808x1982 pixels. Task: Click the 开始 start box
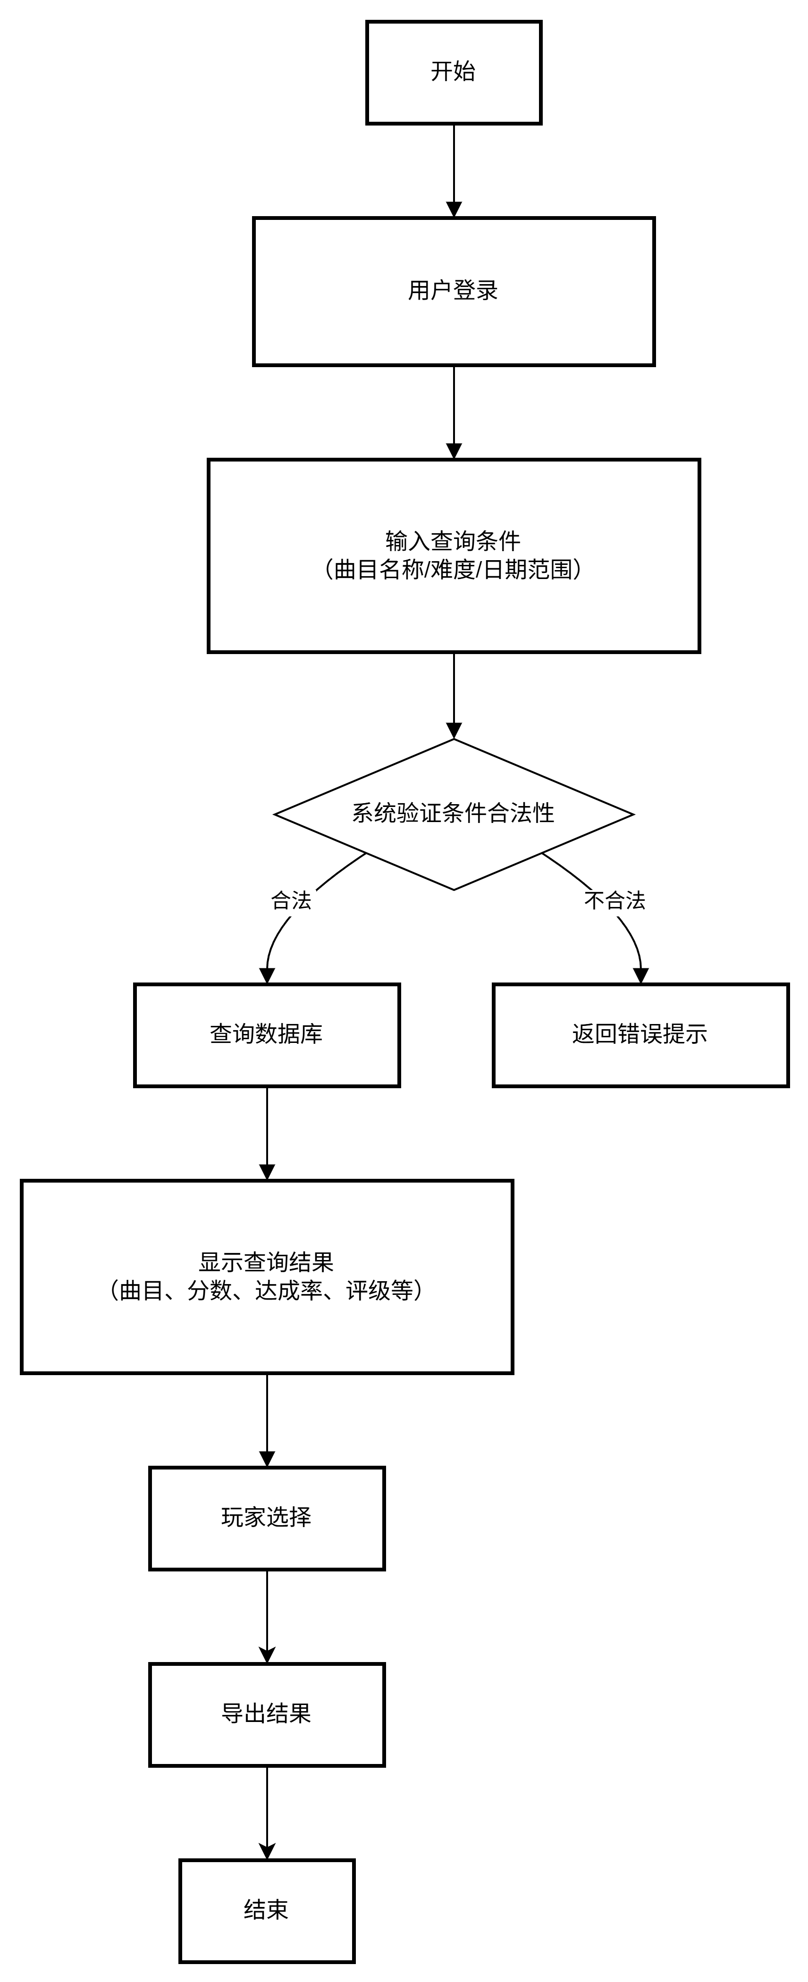[x=453, y=72]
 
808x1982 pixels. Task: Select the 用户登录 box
[x=453, y=291]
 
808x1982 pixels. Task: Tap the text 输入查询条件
[x=453, y=541]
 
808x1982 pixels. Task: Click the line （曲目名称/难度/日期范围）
[x=453, y=570]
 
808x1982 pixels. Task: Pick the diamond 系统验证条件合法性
[x=453, y=813]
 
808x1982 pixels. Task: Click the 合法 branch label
[x=293, y=901]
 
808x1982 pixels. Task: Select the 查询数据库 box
[x=266, y=1034]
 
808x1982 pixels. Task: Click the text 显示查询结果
[x=266, y=1262]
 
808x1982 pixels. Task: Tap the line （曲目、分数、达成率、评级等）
[x=266, y=1290]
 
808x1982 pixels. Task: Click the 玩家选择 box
[x=266, y=1517]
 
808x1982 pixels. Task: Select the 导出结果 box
[x=266, y=1713]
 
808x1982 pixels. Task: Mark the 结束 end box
[x=266, y=1910]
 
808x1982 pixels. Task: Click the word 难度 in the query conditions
[x=453, y=570]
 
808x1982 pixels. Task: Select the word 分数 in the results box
[x=209, y=1290]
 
